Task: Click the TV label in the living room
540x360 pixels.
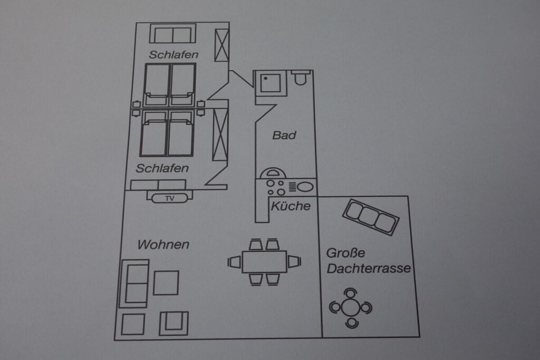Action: tap(169, 199)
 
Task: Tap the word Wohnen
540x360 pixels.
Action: tap(163, 245)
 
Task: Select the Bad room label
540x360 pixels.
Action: tap(284, 135)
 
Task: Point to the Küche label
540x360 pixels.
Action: tap(291, 206)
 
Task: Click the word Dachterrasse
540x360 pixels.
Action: tap(369, 268)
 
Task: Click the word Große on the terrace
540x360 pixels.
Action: tap(345, 253)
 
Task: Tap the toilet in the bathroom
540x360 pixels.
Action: tap(300, 78)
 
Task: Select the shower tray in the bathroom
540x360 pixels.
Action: tap(271, 83)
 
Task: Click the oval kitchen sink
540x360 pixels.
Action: tap(305, 187)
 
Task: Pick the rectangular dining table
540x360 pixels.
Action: tap(265, 262)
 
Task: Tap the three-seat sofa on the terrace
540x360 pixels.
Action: tap(371, 217)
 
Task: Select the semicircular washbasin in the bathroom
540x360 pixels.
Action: tap(272, 173)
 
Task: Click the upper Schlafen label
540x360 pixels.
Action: tap(173, 55)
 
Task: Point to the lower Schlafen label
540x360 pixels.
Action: tap(162, 168)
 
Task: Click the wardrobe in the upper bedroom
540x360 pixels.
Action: tap(222, 45)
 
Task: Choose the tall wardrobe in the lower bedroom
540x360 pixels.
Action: tap(220, 134)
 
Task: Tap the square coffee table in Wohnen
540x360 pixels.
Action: tap(166, 283)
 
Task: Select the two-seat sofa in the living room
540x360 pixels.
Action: tap(134, 284)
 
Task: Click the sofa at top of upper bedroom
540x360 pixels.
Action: tap(172, 33)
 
